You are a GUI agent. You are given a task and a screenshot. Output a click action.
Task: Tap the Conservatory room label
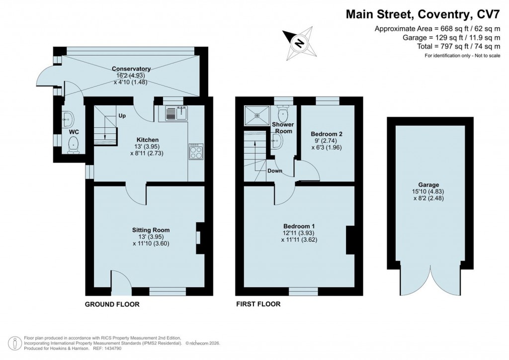(x=131, y=69)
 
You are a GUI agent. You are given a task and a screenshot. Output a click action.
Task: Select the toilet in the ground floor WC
(x=74, y=144)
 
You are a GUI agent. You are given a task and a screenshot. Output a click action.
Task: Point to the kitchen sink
(x=174, y=113)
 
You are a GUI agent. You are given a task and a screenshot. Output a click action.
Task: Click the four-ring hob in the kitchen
(x=195, y=151)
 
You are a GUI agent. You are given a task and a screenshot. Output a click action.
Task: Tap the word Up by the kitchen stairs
(x=122, y=116)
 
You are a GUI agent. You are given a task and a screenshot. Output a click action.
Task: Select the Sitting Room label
(x=151, y=230)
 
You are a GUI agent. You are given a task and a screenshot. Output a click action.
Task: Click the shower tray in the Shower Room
(x=257, y=116)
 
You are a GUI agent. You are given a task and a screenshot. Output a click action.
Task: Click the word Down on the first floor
(x=275, y=171)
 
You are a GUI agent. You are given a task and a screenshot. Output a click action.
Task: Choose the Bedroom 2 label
(x=327, y=134)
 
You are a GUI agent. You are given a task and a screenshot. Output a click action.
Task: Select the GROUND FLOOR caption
(x=112, y=304)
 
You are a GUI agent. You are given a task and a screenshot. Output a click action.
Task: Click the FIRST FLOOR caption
(x=258, y=304)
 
